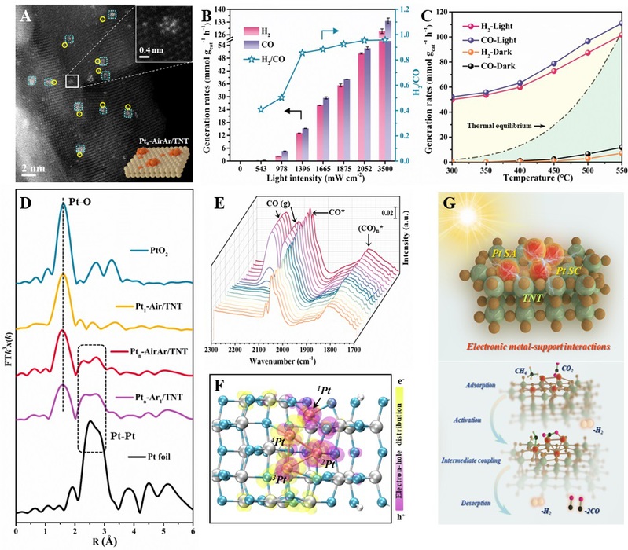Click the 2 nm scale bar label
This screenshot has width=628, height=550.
(32, 169)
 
